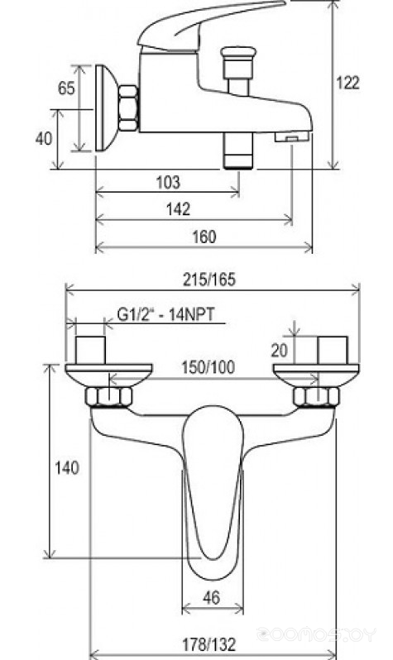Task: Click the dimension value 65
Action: [x=66, y=88]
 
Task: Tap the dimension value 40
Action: [x=44, y=138]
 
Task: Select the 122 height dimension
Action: [x=348, y=83]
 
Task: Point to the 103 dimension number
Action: [x=168, y=183]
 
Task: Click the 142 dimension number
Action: [x=179, y=209]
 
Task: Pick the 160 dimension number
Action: [x=204, y=237]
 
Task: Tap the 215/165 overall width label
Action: [x=209, y=280]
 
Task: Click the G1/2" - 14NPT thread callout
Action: [x=165, y=314]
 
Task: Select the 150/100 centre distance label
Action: [x=208, y=367]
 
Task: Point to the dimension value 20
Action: [x=279, y=350]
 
